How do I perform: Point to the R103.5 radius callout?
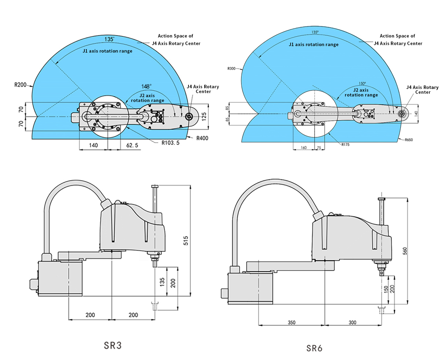click(170, 143)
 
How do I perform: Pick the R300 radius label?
click(231, 69)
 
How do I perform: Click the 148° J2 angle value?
click(146, 87)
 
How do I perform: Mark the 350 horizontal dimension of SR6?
click(291, 323)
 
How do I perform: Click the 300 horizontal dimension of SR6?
click(352, 323)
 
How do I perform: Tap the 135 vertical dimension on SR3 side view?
click(161, 281)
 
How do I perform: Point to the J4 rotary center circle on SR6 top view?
click(402, 113)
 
